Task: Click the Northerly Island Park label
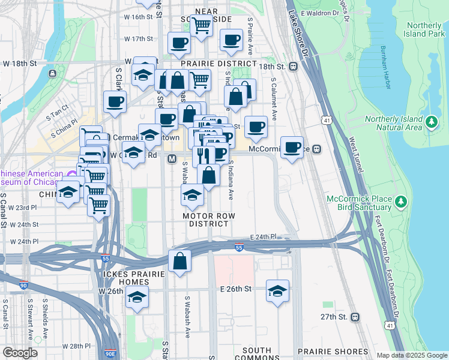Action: (x=417, y=29)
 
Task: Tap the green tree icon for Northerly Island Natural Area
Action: (x=431, y=122)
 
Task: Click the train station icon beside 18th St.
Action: (x=294, y=67)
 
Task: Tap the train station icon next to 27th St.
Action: (x=355, y=316)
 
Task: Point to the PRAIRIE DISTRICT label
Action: (x=218, y=64)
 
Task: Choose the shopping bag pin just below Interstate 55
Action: (x=179, y=262)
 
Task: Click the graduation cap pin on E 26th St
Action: (x=277, y=292)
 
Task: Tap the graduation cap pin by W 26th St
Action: (x=137, y=297)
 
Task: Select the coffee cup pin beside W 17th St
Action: (x=178, y=43)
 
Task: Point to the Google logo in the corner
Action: (x=19, y=353)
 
